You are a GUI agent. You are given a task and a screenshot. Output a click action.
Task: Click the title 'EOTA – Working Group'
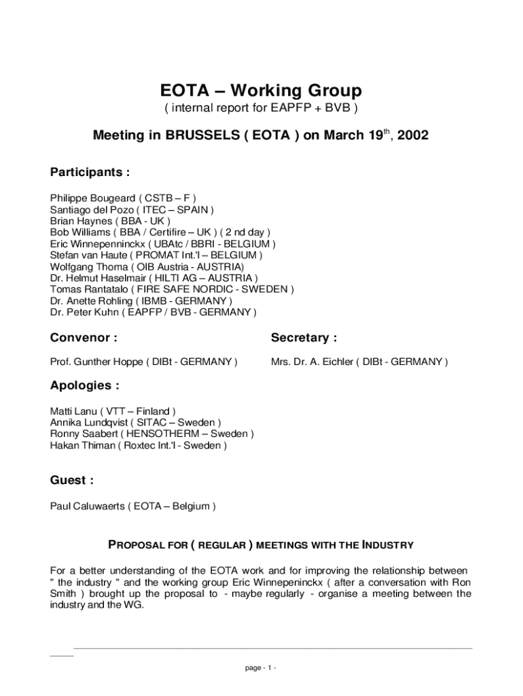tap(261, 90)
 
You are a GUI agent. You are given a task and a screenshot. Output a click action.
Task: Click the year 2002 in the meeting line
tap(413, 136)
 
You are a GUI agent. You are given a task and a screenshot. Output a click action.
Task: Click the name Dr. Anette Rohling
tap(92, 301)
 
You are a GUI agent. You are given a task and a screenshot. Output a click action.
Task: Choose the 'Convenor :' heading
tap(84, 338)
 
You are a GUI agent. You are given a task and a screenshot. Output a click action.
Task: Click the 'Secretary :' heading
tap(304, 338)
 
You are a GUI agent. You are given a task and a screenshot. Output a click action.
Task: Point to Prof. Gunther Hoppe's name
tap(96, 362)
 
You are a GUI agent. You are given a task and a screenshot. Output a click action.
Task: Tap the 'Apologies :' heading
tap(85, 385)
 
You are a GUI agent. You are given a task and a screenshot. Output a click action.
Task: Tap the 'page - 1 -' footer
tap(261, 668)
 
